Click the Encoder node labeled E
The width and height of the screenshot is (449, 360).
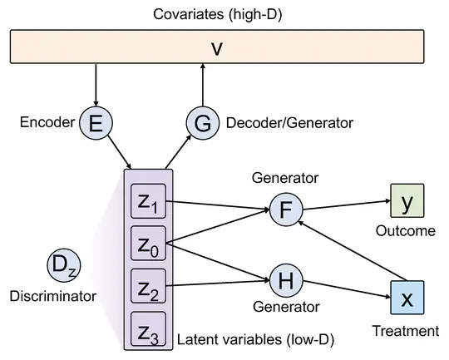point(96,123)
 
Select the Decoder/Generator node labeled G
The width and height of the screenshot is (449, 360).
point(202,123)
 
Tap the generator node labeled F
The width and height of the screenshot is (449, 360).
point(286,210)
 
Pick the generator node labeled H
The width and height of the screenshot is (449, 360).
point(286,283)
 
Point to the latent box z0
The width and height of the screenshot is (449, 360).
point(149,246)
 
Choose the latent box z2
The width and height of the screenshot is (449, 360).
point(149,288)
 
